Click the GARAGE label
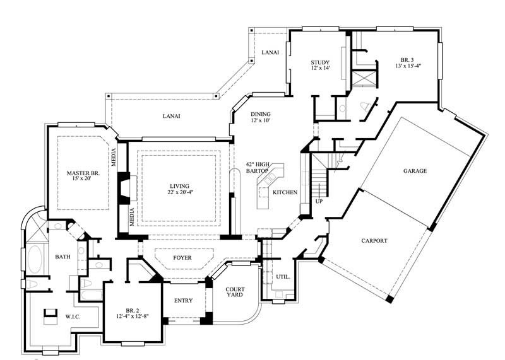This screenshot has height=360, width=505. coord(415,171)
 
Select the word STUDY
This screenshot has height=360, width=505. coord(320,62)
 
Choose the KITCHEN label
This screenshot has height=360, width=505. coord(285,192)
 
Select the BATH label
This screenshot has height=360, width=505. coord(62,257)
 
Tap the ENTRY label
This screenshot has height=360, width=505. coord(183,301)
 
